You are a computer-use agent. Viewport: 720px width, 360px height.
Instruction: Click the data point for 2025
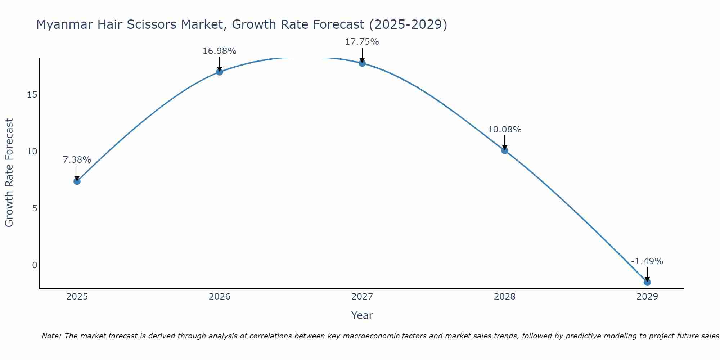pyautogui.click(x=77, y=181)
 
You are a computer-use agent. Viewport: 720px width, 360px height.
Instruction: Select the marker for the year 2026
pyautogui.click(x=219, y=72)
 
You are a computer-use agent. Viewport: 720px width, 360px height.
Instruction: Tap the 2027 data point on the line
pyautogui.click(x=362, y=63)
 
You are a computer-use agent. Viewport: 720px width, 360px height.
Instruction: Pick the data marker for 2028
pyautogui.click(x=504, y=150)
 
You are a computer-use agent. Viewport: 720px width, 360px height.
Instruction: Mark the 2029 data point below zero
pyautogui.click(x=647, y=282)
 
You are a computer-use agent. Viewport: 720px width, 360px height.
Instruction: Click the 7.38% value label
pyautogui.click(x=77, y=160)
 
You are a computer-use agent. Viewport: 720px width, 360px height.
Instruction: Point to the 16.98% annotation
pyautogui.click(x=219, y=51)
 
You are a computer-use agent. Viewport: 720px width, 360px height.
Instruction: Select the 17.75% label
pyautogui.click(x=362, y=42)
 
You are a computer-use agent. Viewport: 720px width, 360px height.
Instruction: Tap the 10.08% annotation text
pyautogui.click(x=504, y=130)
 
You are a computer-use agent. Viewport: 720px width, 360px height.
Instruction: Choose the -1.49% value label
pyautogui.click(x=647, y=261)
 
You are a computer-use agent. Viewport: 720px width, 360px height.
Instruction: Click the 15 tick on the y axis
pyautogui.click(x=32, y=95)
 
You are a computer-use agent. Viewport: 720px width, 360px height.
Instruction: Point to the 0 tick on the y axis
pyautogui.click(x=35, y=265)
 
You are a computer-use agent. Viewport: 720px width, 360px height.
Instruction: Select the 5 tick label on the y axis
pyautogui.click(x=35, y=208)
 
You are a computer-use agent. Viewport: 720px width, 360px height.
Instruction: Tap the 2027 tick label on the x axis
pyautogui.click(x=362, y=297)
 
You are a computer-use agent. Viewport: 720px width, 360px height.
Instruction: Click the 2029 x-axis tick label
pyautogui.click(x=647, y=297)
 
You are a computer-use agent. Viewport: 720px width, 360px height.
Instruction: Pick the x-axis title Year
pyautogui.click(x=362, y=315)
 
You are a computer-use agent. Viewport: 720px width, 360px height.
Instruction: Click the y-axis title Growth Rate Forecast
pyautogui.click(x=9, y=173)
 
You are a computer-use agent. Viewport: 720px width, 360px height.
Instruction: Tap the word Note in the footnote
pyautogui.click(x=52, y=336)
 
